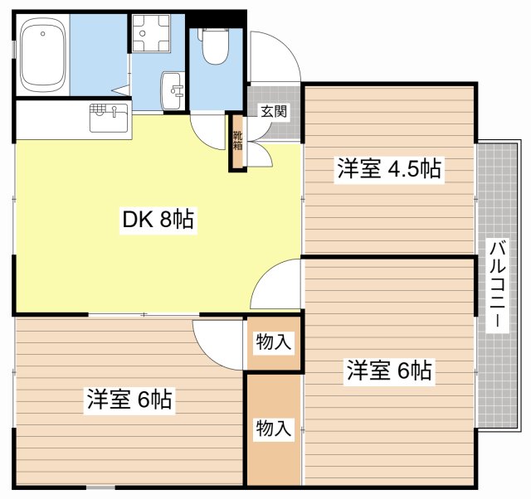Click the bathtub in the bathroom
pos(42,56)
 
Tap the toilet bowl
pos(215,46)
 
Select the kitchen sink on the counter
pos(109,118)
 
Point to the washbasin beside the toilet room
pos(173,90)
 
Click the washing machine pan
pos(151,33)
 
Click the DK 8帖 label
pos(158,220)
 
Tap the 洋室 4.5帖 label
pos(389,169)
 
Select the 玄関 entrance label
pos(274,111)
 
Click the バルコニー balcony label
pos(497,285)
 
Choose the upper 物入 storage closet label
pos(274,342)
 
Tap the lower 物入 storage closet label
pos(274,429)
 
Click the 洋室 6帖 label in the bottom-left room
pos(129,400)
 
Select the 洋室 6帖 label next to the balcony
pos(389,371)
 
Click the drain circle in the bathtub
pos(42,33)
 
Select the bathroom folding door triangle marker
pos(122,90)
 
